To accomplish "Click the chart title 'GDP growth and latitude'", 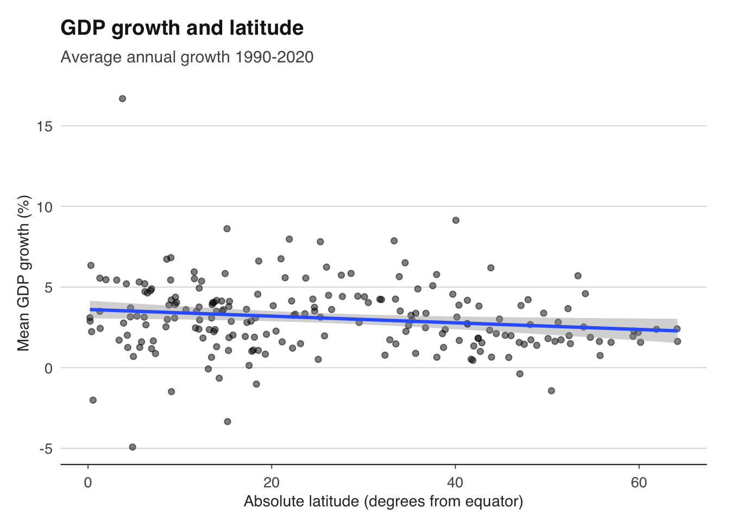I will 182,28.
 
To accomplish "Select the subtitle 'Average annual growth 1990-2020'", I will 187,57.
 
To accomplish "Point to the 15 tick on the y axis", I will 45,126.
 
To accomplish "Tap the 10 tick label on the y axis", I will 45,207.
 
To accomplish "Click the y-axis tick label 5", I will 48,287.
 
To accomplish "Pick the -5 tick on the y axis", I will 45,449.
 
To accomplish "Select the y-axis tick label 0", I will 48,368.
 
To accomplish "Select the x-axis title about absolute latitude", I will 383,501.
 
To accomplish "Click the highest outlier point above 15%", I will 122,99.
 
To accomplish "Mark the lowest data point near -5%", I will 133,447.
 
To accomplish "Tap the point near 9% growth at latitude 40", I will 456,220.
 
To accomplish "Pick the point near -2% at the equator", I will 93,400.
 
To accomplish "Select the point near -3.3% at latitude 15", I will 228,422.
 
